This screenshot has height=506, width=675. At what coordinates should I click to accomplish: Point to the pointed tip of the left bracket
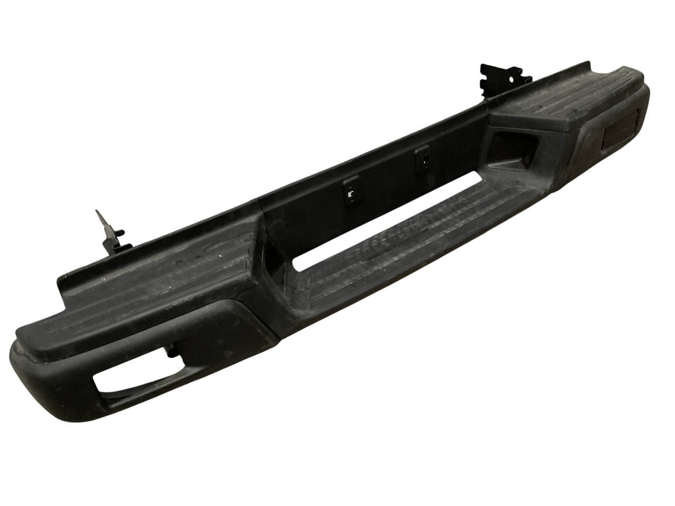(97, 212)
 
